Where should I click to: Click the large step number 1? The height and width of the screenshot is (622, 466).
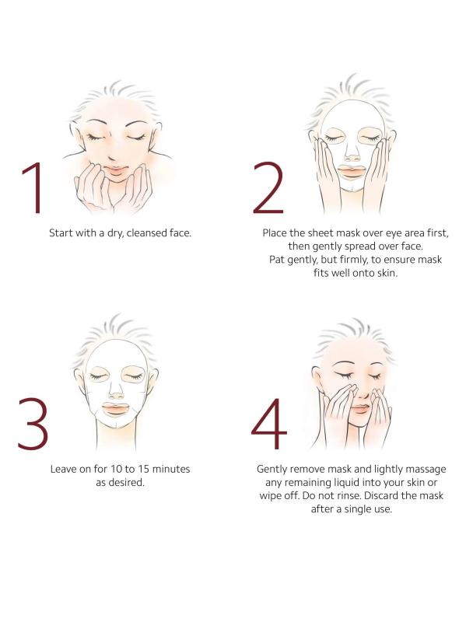33,187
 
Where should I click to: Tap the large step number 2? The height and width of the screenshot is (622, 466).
268,187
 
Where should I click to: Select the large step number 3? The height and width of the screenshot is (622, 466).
33,424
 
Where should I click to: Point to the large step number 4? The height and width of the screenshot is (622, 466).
269,424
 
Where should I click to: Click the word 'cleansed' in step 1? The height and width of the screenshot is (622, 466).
147,232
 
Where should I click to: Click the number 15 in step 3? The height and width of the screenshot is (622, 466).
144,470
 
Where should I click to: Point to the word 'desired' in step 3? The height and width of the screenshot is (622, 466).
129,483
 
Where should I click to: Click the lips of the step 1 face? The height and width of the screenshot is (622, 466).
115,169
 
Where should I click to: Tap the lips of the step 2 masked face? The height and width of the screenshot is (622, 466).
352,172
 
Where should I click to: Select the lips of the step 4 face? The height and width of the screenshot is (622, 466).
360,409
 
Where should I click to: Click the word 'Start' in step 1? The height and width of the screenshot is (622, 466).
61,232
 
